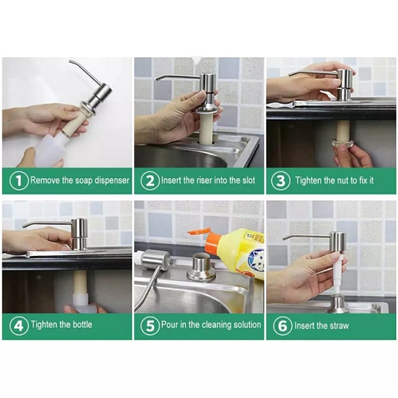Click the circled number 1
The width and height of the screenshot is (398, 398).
click(x=19, y=181)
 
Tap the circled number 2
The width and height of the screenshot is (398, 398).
click(x=150, y=181)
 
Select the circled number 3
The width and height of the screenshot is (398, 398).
click(x=281, y=181)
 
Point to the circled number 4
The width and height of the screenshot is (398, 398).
click(x=19, y=326)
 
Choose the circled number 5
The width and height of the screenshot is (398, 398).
click(x=150, y=326)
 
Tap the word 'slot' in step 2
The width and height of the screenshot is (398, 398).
click(x=245, y=180)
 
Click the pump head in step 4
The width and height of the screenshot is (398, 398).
click(x=79, y=232)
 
